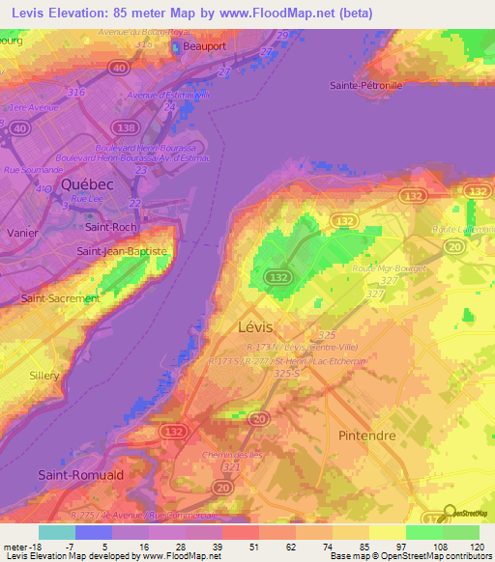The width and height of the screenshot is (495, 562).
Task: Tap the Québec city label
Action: (x=87, y=183)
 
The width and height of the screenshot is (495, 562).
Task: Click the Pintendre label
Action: (x=368, y=436)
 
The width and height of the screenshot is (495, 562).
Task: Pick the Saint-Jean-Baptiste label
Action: (x=122, y=251)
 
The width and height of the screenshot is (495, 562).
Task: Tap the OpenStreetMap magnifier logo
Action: (x=447, y=513)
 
